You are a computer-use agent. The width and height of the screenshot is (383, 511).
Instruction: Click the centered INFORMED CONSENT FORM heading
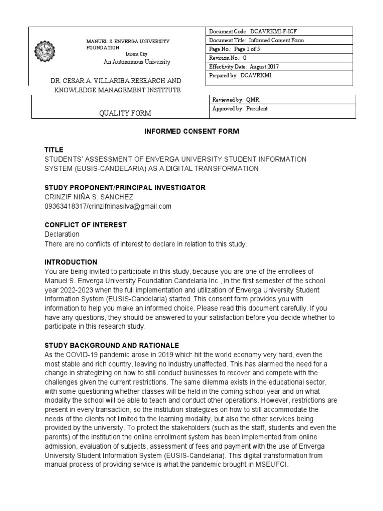click(x=191, y=131)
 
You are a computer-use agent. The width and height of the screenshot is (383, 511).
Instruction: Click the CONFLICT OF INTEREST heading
click(x=85, y=225)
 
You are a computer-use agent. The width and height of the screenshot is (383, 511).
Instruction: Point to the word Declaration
click(x=62, y=234)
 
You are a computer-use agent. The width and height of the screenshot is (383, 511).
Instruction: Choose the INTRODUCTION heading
click(x=71, y=262)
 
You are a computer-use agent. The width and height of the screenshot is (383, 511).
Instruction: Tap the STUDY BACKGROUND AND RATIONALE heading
click(x=112, y=346)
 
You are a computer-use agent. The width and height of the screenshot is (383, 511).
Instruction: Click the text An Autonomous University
click(x=137, y=62)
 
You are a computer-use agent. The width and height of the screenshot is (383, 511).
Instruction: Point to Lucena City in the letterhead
click(x=140, y=54)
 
